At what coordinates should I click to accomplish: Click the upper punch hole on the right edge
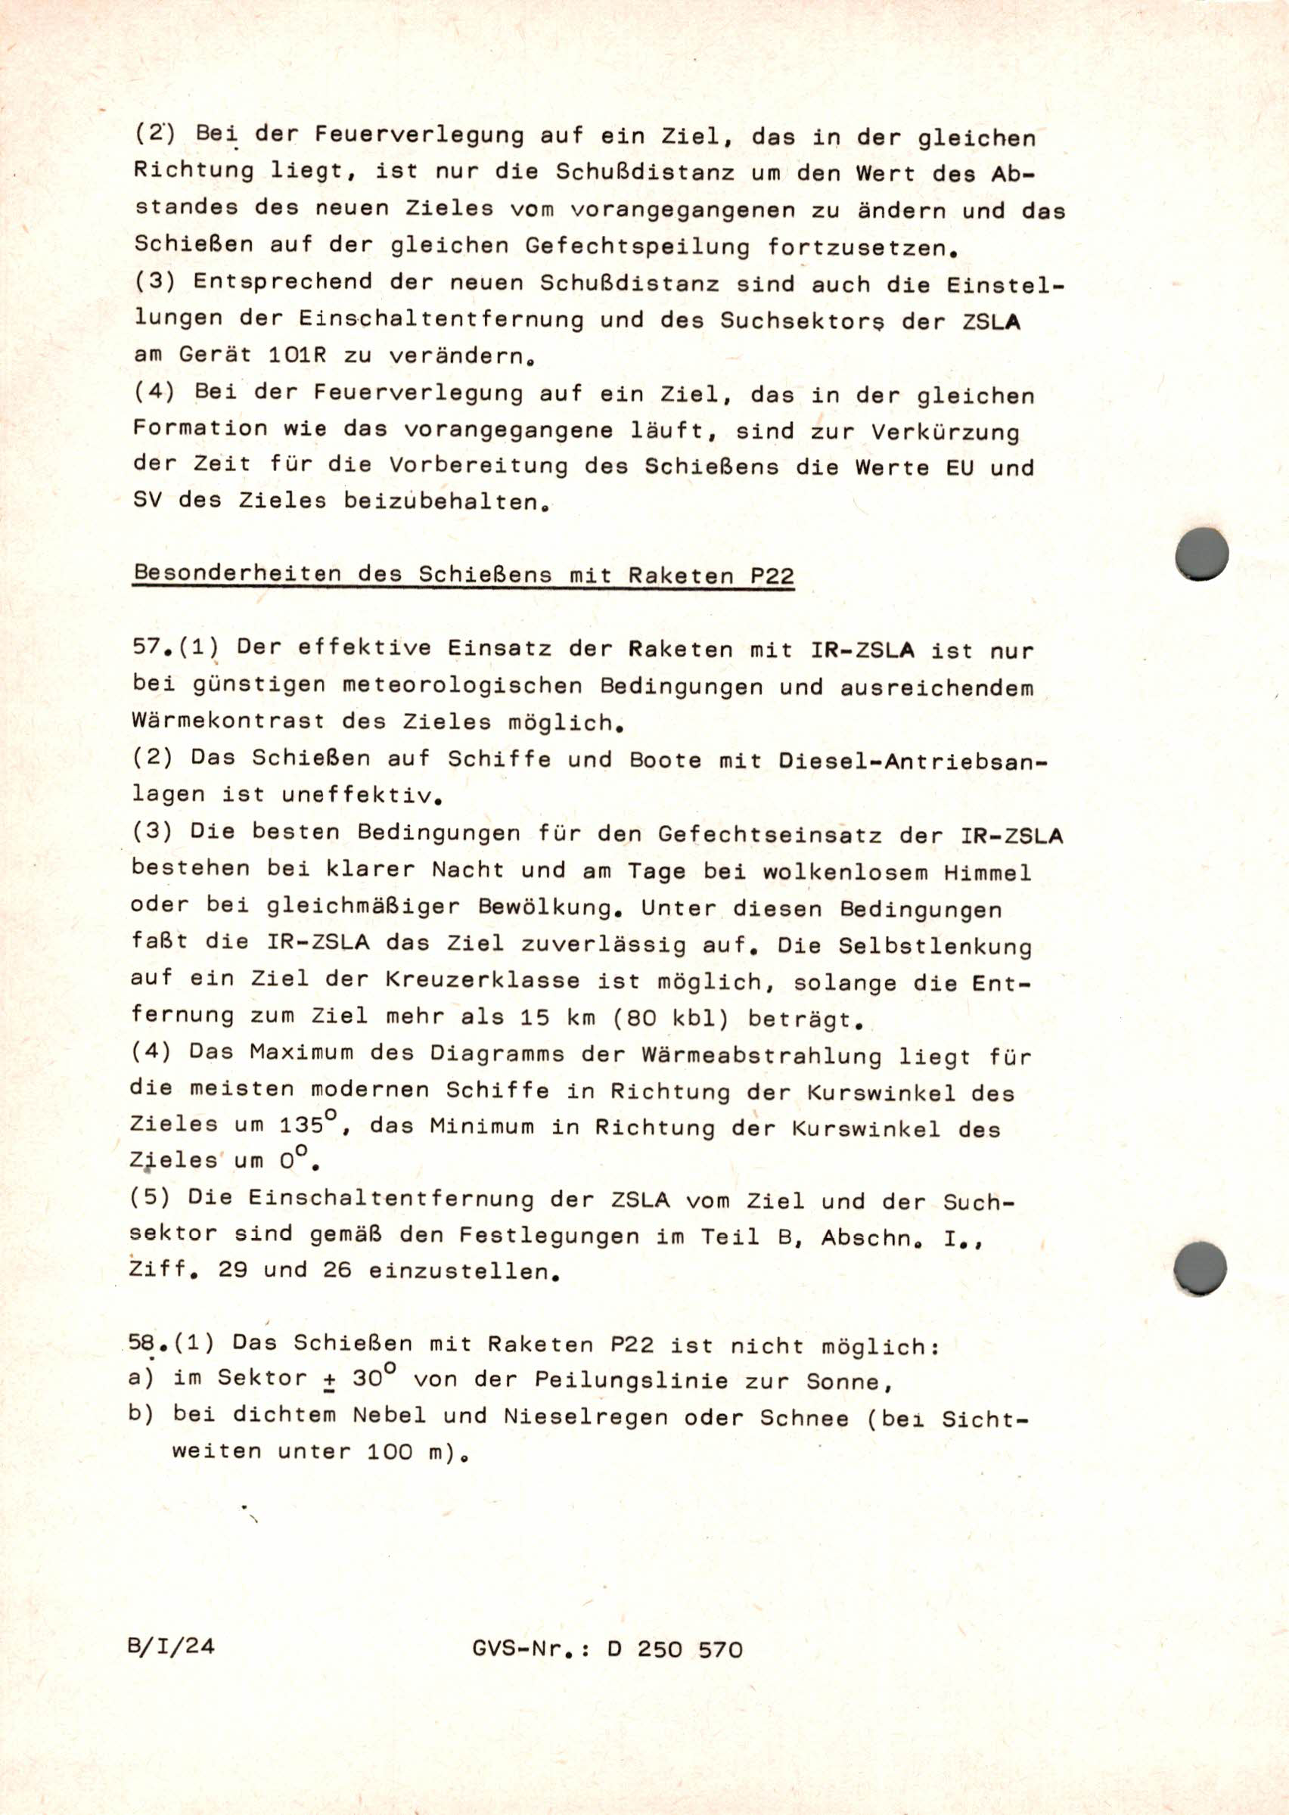[1202, 553]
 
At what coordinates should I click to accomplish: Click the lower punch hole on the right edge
[1199, 1267]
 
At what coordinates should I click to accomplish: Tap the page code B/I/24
[171, 1646]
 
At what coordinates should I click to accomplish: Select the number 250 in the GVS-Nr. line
[660, 1649]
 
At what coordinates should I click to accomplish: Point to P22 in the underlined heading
[772, 576]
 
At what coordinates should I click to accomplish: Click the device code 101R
[297, 355]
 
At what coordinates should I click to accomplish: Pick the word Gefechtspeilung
[638, 247]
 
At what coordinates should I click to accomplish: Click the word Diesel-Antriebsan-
[913, 762]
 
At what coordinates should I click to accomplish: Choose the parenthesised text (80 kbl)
[671, 1019]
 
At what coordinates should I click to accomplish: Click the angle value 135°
[309, 1124]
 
